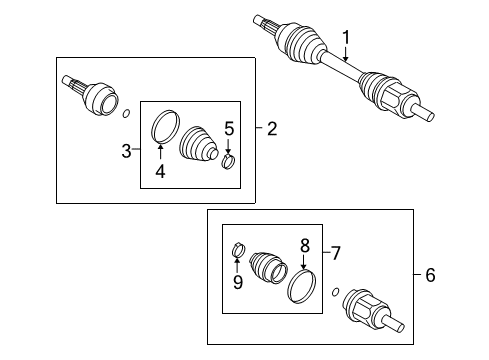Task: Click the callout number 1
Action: tap(346, 39)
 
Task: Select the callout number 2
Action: tap(272, 127)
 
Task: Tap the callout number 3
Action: tap(126, 151)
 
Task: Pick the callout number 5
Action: tap(228, 128)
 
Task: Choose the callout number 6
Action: tap(430, 274)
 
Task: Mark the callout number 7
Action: tap(336, 253)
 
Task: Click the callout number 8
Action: tap(305, 243)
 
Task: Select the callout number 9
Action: tap(238, 282)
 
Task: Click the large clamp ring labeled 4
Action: tap(165, 130)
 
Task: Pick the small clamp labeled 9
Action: tap(239, 249)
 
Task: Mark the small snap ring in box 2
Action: tap(125, 113)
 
